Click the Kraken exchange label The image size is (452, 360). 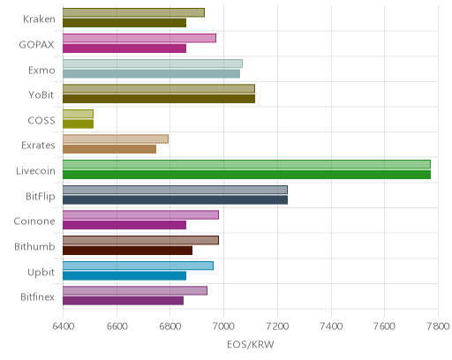(39, 19)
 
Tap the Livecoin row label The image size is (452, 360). (35, 171)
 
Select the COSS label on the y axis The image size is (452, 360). (41, 121)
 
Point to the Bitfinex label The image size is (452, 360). (37, 297)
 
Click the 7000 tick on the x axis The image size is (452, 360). (223, 326)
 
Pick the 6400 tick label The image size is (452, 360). (63, 326)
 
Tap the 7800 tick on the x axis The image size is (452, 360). (438, 326)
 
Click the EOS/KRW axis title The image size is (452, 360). (251, 344)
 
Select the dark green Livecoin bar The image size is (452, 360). (246, 175)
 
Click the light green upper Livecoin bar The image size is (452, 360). (246, 164)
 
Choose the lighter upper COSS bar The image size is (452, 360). (78, 114)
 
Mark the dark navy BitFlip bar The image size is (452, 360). (175, 200)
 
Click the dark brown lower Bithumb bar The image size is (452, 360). (127, 251)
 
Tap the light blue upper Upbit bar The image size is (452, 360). (138, 266)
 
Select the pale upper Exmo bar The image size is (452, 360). (153, 64)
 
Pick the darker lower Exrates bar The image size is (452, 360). (109, 149)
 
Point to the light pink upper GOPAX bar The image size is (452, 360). (139, 38)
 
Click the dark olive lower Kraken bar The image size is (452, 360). (124, 23)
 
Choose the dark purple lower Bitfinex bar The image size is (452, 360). (123, 301)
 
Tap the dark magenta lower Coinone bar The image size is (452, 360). (124, 225)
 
